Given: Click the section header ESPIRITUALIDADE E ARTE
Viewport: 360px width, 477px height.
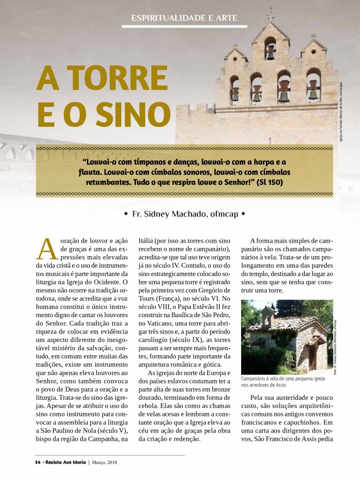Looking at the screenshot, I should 184,19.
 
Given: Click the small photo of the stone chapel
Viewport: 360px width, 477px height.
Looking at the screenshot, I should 285,337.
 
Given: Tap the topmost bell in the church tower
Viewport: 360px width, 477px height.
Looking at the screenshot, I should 270,52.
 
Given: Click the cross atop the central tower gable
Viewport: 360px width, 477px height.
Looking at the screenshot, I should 271,15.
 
